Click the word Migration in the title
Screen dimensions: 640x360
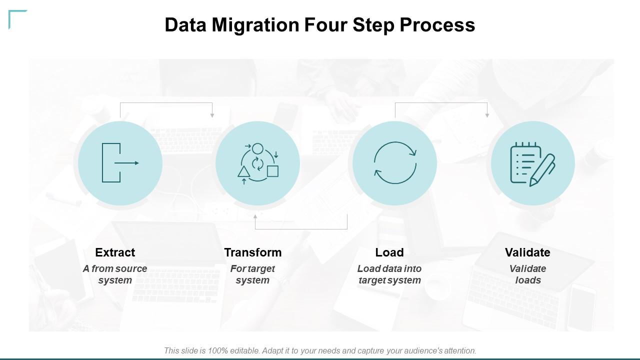pyautogui.click(x=255, y=25)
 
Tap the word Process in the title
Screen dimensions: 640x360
pyautogui.click(x=437, y=25)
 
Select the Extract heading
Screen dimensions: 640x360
pyautogui.click(x=115, y=252)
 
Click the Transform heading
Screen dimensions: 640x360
pyautogui.click(x=253, y=252)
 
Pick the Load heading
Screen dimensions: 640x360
pyautogui.click(x=389, y=252)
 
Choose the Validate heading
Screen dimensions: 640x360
pyautogui.click(x=527, y=252)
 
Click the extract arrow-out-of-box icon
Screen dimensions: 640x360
pyautogui.click(x=120, y=163)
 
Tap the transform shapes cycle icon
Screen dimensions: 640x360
pyautogui.click(x=258, y=163)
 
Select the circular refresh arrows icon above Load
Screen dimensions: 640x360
pyautogui.click(x=395, y=163)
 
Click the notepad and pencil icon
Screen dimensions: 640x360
pyautogui.click(x=532, y=164)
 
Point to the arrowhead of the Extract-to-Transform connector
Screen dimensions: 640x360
pyautogui.click(x=212, y=115)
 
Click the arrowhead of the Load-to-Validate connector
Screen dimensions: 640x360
pyautogui.click(x=487, y=115)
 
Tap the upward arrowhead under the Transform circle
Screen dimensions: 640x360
pyautogui.click(x=255, y=216)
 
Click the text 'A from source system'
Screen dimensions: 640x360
pyautogui.click(x=115, y=274)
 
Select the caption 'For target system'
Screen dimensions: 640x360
pyautogui.click(x=252, y=274)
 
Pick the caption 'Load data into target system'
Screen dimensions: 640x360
pyautogui.click(x=389, y=274)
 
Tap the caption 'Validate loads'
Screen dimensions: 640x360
pyautogui.click(x=527, y=274)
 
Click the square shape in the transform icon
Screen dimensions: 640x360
pyautogui.click(x=272, y=171)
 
